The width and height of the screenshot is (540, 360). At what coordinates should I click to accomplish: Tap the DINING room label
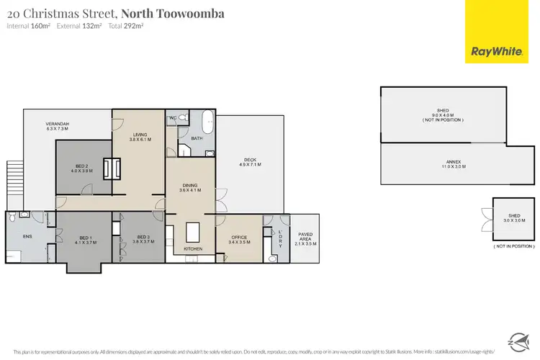click(191, 187)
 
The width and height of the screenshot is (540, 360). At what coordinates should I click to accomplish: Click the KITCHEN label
click(192, 249)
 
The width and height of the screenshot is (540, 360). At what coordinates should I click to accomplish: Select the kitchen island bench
click(192, 230)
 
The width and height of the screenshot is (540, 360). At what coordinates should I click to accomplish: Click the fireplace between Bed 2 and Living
click(111, 168)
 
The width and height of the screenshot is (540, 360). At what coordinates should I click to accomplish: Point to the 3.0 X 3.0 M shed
click(513, 220)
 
